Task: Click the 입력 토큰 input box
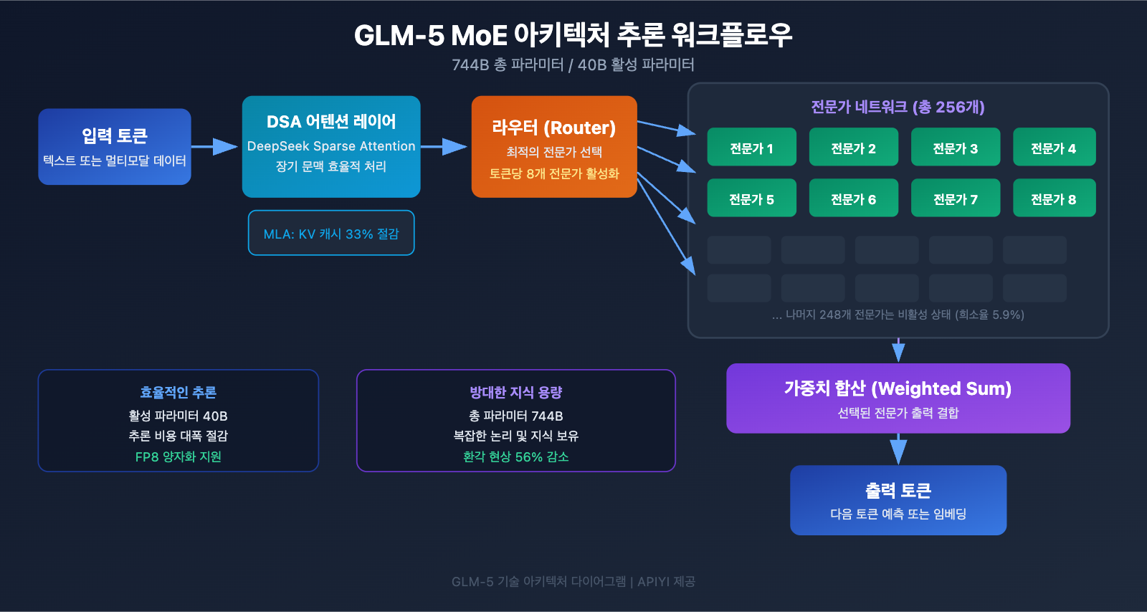115,147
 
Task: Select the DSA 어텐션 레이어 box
331,146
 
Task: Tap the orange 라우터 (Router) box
554,147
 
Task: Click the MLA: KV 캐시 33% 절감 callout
331,234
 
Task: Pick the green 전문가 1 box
751,148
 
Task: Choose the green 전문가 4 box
1054,148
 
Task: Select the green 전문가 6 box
853,199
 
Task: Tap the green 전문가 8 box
1054,199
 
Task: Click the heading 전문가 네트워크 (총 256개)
898,107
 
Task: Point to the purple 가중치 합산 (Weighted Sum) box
898,398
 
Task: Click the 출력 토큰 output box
898,500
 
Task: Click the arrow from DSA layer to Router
445,147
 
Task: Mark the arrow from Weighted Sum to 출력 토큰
898,449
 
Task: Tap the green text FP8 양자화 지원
178,456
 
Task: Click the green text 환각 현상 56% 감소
515,456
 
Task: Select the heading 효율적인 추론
178,392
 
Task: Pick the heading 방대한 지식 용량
515,392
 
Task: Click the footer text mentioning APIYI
573,581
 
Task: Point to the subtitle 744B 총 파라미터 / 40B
573,64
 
